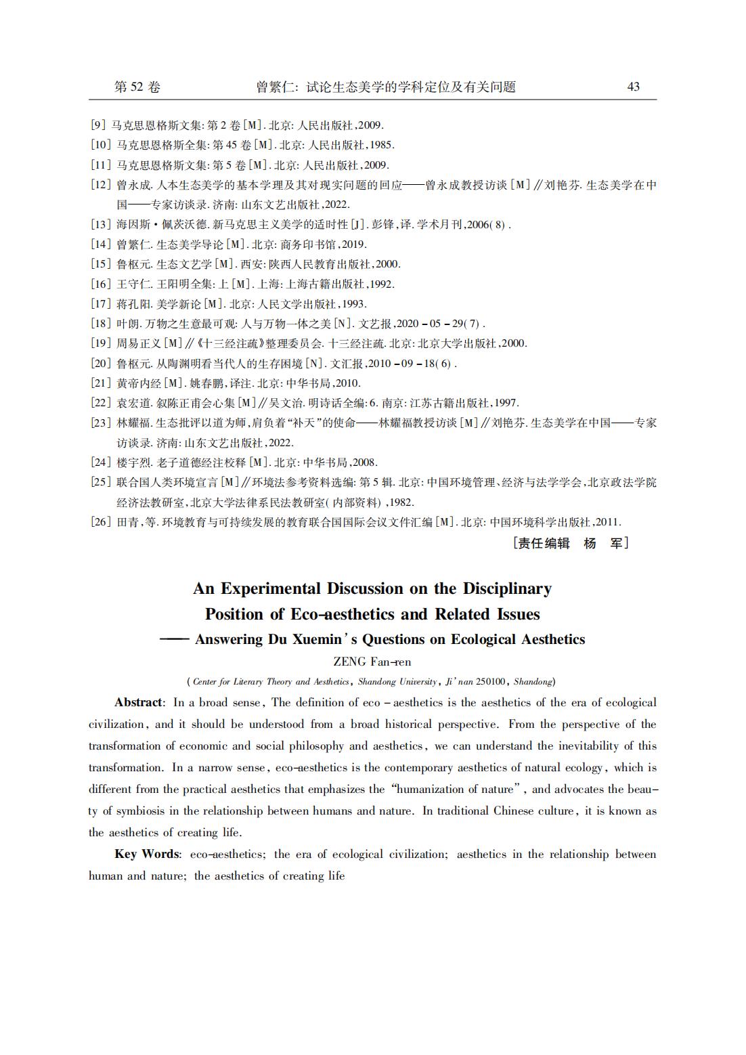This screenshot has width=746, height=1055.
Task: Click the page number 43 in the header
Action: point(633,87)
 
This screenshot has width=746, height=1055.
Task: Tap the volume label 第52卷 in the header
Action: point(137,87)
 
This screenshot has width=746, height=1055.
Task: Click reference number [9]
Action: point(97,125)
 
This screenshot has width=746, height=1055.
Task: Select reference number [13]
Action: point(100,225)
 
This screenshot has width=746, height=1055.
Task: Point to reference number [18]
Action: point(100,324)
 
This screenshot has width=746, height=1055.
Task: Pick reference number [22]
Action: point(100,403)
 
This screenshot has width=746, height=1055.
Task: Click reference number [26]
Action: point(100,522)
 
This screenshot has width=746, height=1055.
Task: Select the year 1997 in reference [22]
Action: point(506,403)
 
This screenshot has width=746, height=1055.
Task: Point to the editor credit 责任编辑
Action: point(544,543)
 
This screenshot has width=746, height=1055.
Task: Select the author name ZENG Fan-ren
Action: point(372,662)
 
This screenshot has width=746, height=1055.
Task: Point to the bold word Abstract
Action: point(138,703)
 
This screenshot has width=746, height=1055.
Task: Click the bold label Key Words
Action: point(146,855)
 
